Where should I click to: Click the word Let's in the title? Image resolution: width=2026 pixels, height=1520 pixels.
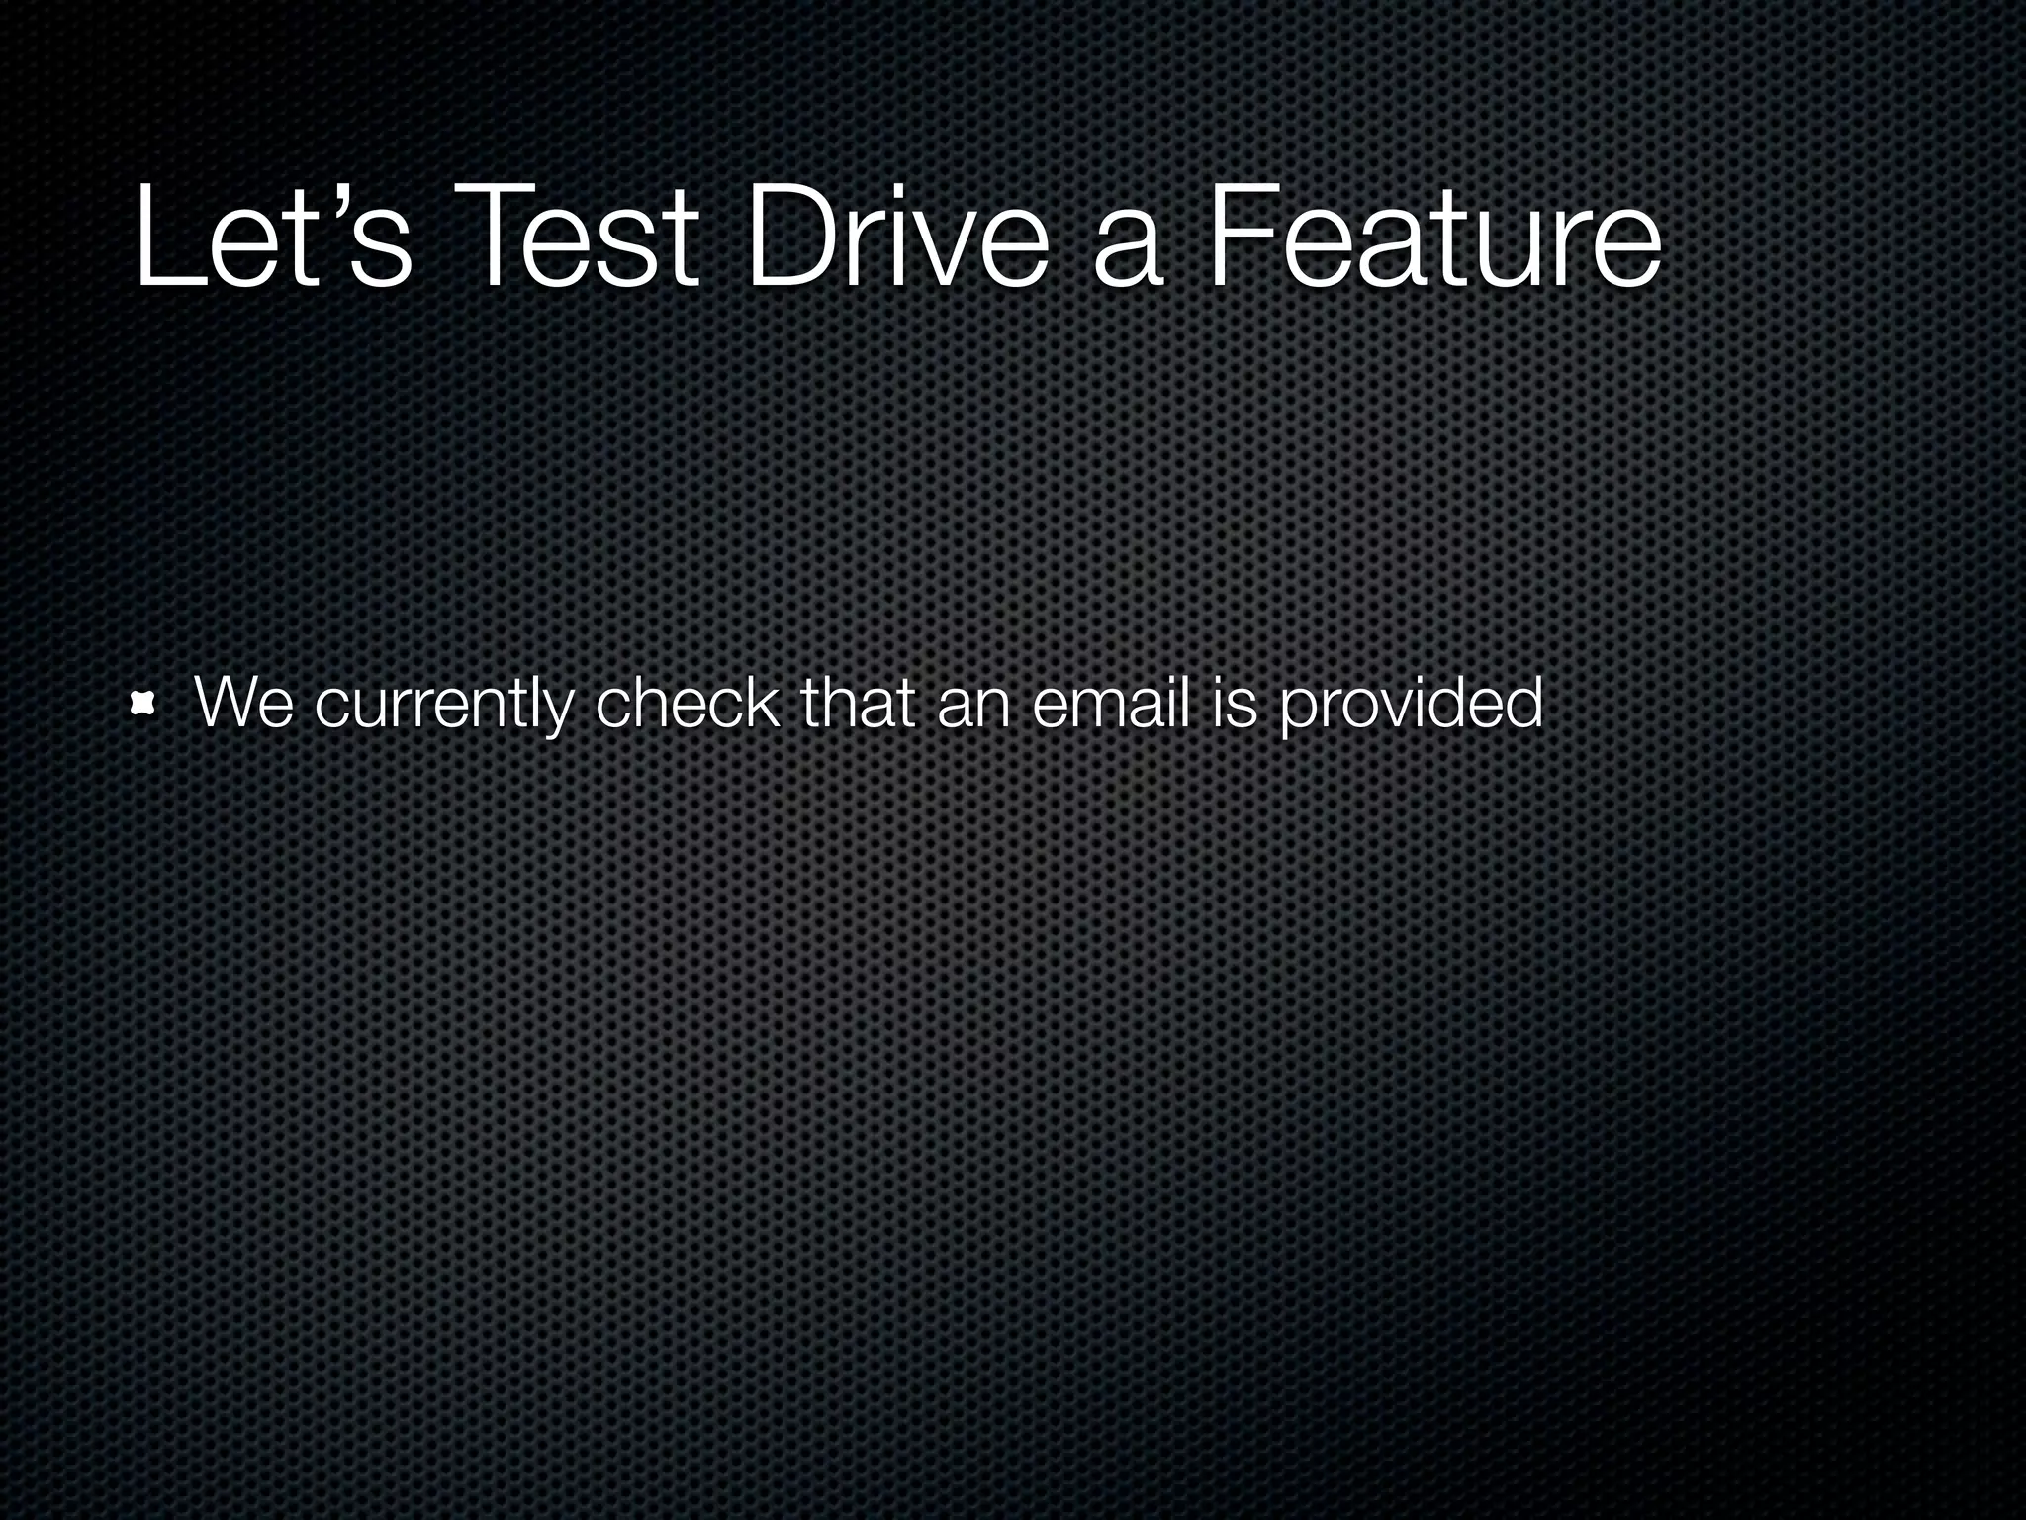(x=272, y=237)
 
